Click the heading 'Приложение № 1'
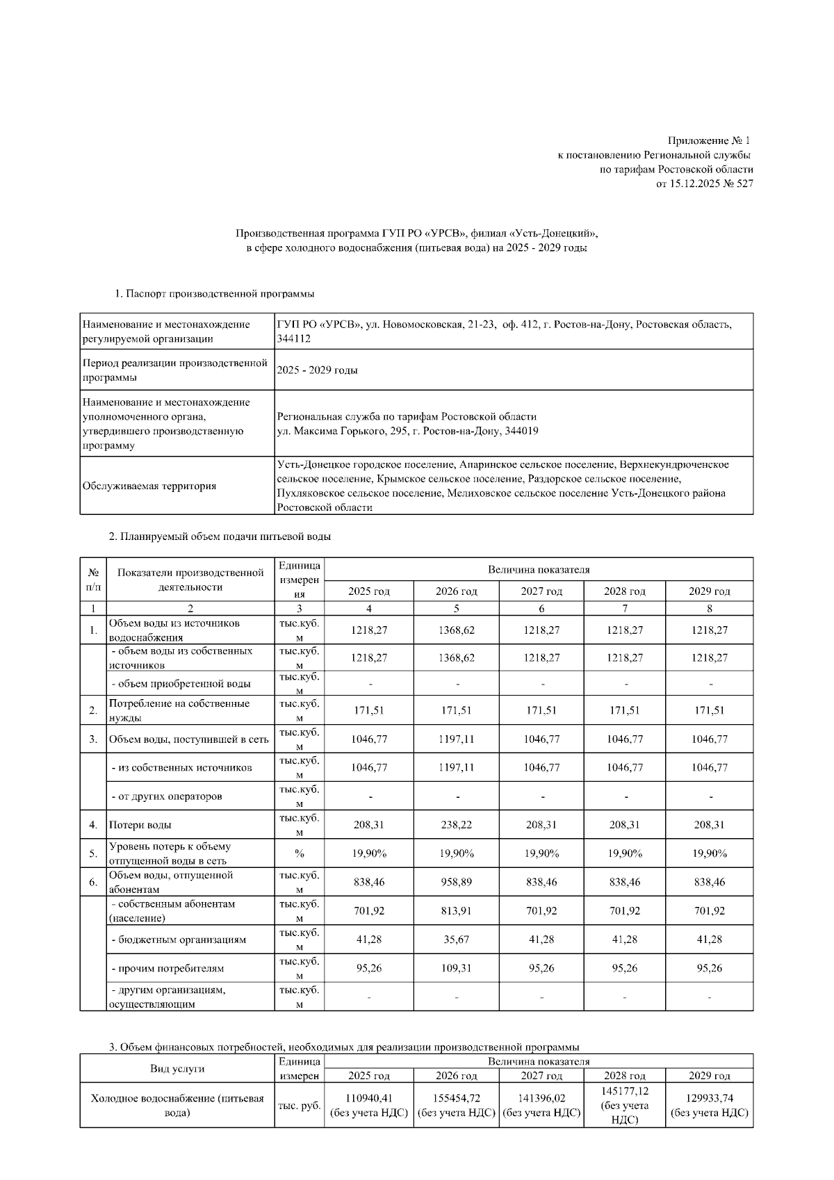pyautogui.click(x=710, y=141)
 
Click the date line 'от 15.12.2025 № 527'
pyautogui.click(x=704, y=184)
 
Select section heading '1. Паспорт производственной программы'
pyautogui.click(x=215, y=294)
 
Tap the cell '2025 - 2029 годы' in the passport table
pyautogui.click(x=317, y=370)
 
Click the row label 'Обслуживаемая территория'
pyautogui.click(x=149, y=486)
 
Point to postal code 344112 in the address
pyautogui.click(x=293, y=338)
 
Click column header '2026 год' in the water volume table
pyautogui.click(x=456, y=591)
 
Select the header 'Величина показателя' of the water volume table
pyautogui.click(x=539, y=570)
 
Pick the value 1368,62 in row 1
pyautogui.click(x=456, y=630)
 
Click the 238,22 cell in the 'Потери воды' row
pyautogui.click(x=456, y=825)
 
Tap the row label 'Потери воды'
pyautogui.click(x=140, y=825)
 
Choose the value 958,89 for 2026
pyautogui.click(x=456, y=882)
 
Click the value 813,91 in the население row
pyautogui.click(x=456, y=910)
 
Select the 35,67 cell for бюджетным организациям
pyautogui.click(x=456, y=940)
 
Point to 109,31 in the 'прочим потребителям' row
pyautogui.click(x=456, y=968)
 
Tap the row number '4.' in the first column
pyautogui.click(x=93, y=825)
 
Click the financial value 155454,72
pyautogui.click(x=456, y=1098)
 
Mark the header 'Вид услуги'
pyautogui.click(x=177, y=1069)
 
